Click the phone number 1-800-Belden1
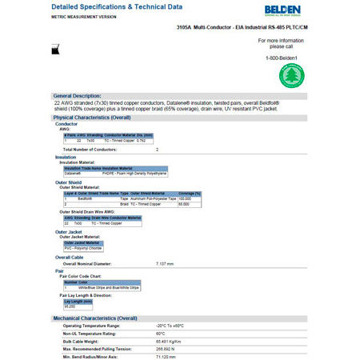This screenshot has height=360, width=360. (x=281, y=58)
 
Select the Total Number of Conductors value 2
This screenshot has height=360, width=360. (x=157, y=150)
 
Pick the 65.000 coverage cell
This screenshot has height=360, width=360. (x=184, y=204)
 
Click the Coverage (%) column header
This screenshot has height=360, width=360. (x=189, y=193)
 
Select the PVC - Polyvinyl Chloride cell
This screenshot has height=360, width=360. (x=83, y=248)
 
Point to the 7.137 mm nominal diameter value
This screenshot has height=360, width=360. (x=164, y=264)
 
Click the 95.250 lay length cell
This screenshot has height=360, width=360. (x=71, y=306)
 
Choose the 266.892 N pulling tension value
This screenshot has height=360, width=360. (x=168, y=350)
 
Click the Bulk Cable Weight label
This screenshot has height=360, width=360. (x=84, y=342)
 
